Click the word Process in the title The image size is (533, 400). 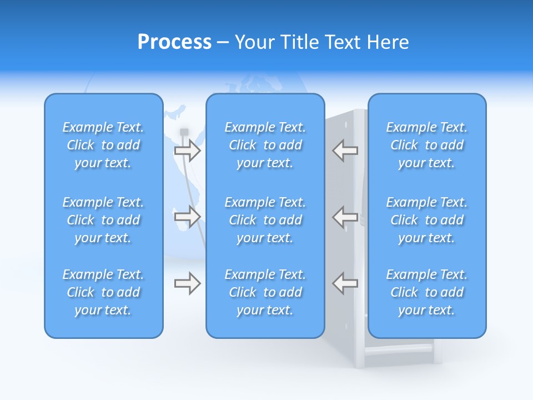(x=174, y=42)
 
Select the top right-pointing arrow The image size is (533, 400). (x=187, y=150)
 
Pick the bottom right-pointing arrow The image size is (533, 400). (x=187, y=283)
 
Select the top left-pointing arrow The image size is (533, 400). (x=345, y=150)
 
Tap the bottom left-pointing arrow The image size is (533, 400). (x=345, y=283)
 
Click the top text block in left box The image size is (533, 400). (x=103, y=145)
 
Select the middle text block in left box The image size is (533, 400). (x=103, y=220)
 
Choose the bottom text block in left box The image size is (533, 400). (x=103, y=292)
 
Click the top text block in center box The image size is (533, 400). (x=265, y=145)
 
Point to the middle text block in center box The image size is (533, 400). (x=265, y=220)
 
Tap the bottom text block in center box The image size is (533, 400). (x=265, y=292)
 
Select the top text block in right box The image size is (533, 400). (x=427, y=145)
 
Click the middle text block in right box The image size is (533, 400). (x=427, y=220)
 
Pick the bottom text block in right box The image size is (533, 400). (x=427, y=292)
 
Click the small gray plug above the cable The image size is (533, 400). (x=184, y=132)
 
